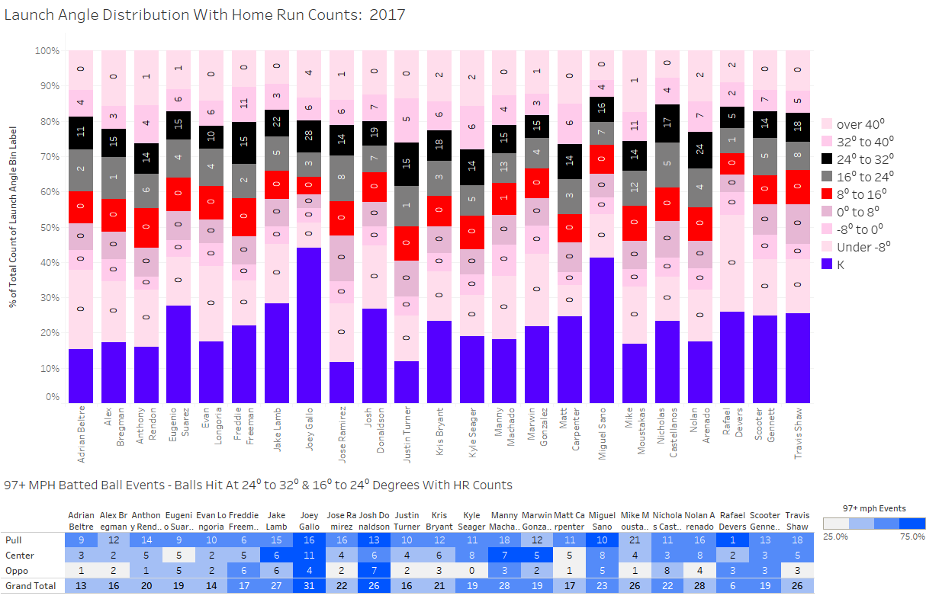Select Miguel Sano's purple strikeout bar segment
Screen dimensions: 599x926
(x=602, y=330)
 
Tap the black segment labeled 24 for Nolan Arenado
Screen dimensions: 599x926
(x=699, y=149)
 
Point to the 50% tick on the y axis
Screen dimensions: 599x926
(x=47, y=227)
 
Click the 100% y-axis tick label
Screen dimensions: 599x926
(x=46, y=51)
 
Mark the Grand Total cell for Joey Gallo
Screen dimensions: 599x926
(x=309, y=585)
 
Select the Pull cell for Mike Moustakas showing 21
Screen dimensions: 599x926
(x=635, y=540)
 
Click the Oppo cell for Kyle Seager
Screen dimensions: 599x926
(x=471, y=570)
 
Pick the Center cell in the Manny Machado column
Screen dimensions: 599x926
(x=504, y=556)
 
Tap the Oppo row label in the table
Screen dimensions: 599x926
(x=15, y=570)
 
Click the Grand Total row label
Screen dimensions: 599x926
(x=28, y=585)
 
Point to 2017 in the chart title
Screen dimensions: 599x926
(x=387, y=14)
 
